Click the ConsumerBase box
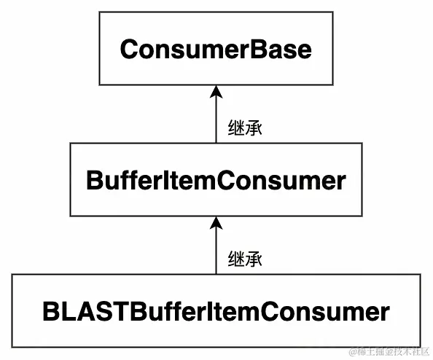coord(216,50)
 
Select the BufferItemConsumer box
coord(216,179)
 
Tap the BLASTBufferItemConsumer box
coord(216,312)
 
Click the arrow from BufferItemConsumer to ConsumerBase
coord(216,117)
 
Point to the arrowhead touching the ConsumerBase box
coord(216,91)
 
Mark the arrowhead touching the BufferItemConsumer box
coord(216,221)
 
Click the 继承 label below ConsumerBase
coord(245,128)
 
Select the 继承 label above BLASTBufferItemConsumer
coord(245,258)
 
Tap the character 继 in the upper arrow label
coord(236,128)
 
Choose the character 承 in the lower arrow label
coord(254,258)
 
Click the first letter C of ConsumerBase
coord(129,50)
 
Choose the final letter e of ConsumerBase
coord(305,50)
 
